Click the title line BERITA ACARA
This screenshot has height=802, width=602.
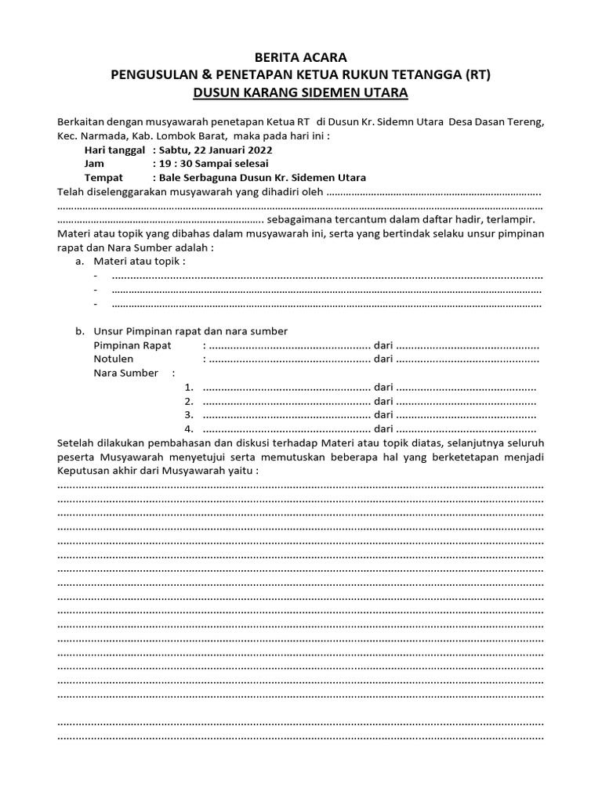pos(301,57)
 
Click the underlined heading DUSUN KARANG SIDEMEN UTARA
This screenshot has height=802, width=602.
pos(301,93)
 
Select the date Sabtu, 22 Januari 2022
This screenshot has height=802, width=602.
pos(216,150)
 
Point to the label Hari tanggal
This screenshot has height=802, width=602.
pos(114,150)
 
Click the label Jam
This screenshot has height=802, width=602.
pos(94,164)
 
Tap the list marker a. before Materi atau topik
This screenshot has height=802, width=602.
pos(80,262)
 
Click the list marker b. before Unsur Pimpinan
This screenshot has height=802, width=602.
pos(80,331)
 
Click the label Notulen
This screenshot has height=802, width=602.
pos(114,359)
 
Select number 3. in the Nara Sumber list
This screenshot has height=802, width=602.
pos(188,414)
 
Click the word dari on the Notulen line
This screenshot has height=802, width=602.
pos(383,359)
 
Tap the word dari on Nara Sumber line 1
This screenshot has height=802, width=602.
pos(383,387)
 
